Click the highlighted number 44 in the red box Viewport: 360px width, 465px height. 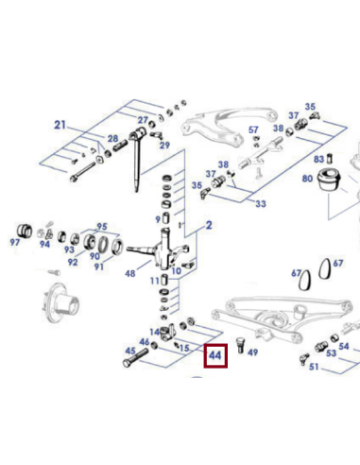215,355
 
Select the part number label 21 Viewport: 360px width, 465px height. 61,126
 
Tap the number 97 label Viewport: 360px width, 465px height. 14,243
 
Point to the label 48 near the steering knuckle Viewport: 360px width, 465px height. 129,274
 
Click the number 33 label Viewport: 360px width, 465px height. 261,204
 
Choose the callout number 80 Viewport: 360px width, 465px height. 307,178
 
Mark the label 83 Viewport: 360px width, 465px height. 318,159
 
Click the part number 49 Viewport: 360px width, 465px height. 251,353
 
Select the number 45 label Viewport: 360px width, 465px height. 129,352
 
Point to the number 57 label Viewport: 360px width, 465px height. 253,129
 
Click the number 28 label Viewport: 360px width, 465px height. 112,140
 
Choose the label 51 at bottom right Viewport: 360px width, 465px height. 339,366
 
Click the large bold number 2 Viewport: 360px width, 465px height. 209,225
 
